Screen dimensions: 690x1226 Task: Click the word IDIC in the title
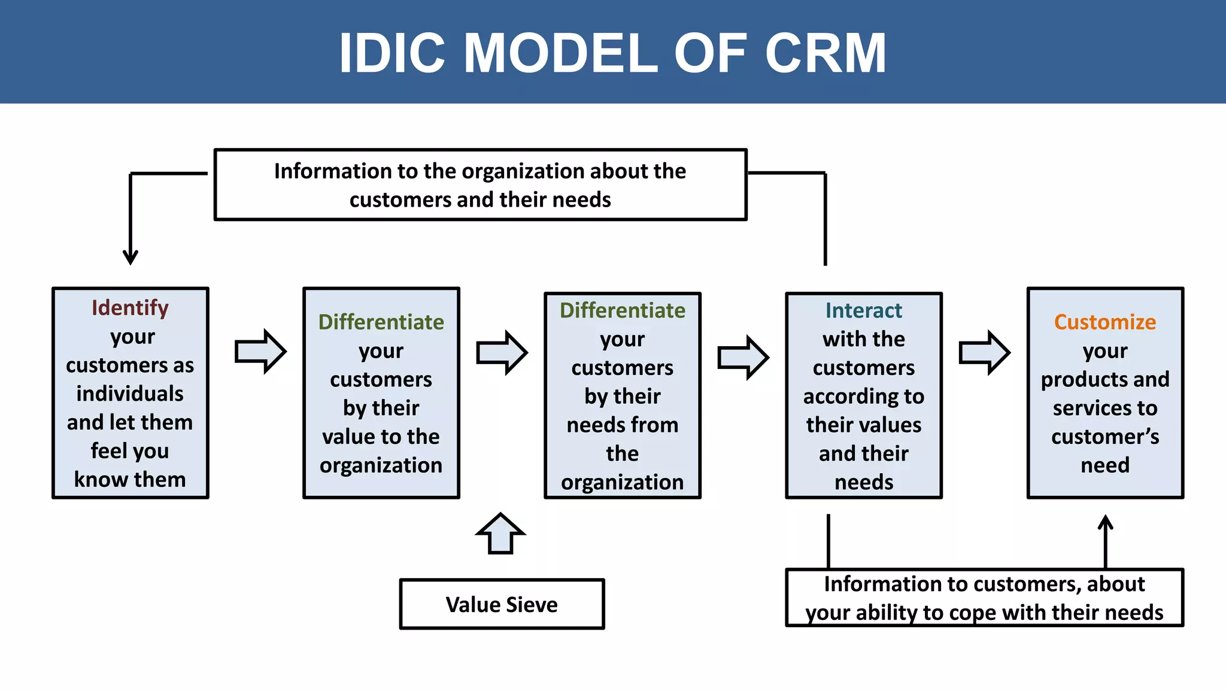coord(392,53)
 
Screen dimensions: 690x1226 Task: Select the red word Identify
coord(130,308)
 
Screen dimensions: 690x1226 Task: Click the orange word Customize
coord(1104,322)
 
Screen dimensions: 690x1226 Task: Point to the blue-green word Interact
coord(863,310)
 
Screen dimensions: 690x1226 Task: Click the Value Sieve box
coord(502,604)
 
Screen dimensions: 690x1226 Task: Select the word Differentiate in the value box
coord(381,322)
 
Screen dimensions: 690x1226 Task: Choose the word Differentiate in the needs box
coord(622,310)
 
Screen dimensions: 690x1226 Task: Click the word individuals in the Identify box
coord(130,394)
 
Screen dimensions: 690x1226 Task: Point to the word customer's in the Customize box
coord(1104,437)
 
